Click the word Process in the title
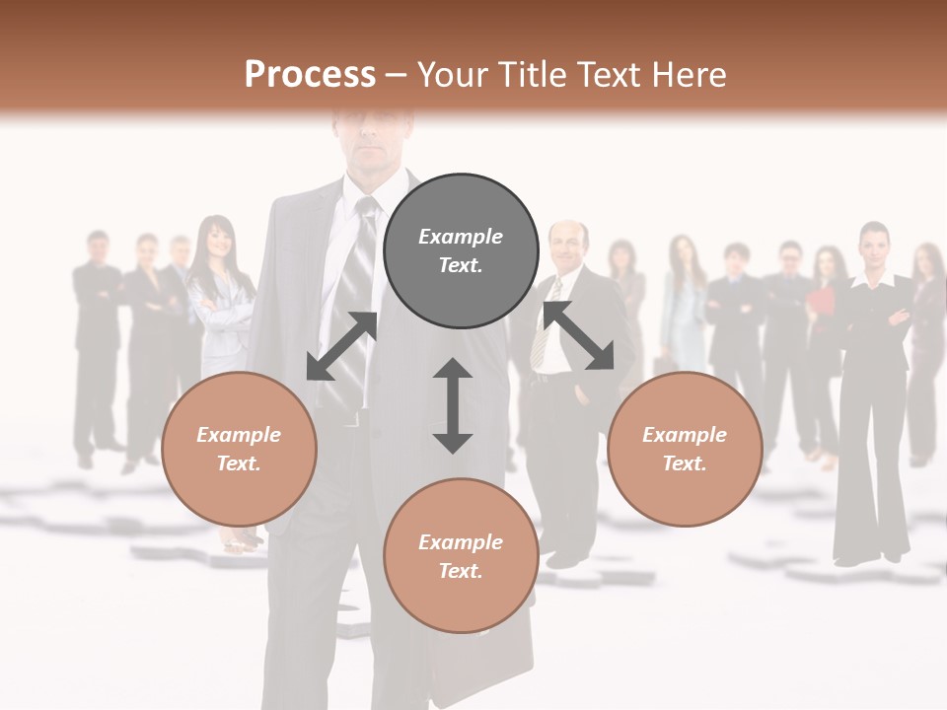[x=310, y=75]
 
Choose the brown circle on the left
[x=239, y=449]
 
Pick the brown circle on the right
[x=685, y=449]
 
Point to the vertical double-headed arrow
[x=453, y=405]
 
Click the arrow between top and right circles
[x=578, y=335]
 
